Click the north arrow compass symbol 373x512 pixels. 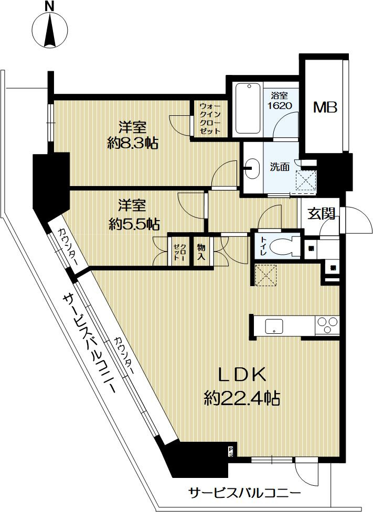pos(49,29)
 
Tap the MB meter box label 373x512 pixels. pos(325,107)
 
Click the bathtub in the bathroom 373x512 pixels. pos(248,109)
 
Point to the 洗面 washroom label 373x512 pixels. pos(280,168)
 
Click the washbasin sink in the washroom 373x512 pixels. pos(254,168)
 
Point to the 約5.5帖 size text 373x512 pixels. pos(133,224)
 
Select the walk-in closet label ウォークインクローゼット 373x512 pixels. pos(209,119)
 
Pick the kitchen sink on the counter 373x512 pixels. pos(273,326)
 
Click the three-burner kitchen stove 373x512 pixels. pos(327,326)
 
